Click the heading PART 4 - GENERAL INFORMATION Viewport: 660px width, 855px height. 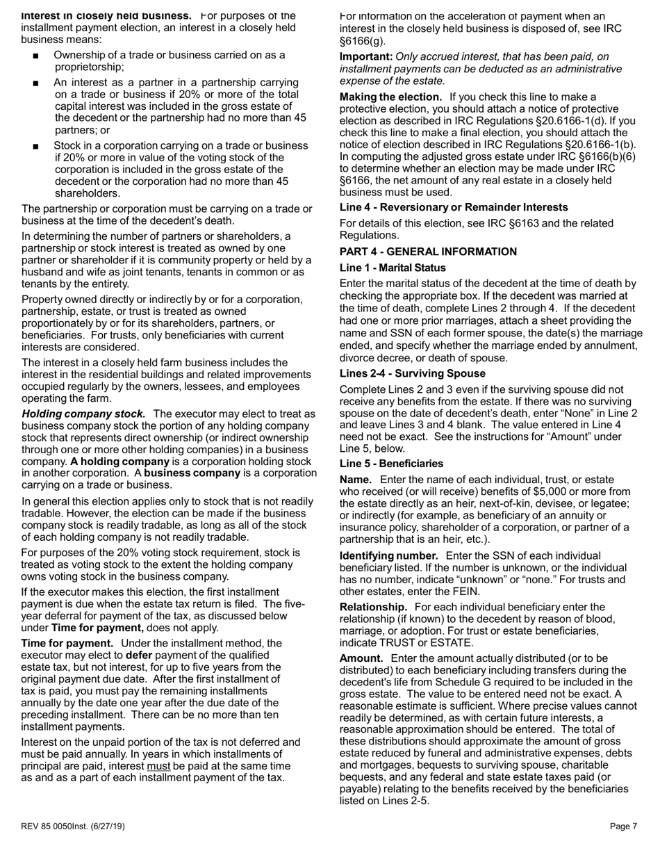pyautogui.click(x=428, y=252)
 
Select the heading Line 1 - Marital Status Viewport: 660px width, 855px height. pyautogui.click(x=393, y=268)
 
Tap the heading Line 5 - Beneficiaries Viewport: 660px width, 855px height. pyautogui.click(x=391, y=464)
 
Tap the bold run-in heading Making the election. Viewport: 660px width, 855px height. pyautogui.click(x=390, y=97)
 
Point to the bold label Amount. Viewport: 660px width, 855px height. pyautogui.click(x=361, y=658)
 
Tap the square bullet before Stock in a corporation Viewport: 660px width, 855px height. pyautogui.click(x=35, y=147)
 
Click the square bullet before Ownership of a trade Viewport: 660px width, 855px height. pyautogui.click(x=35, y=56)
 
